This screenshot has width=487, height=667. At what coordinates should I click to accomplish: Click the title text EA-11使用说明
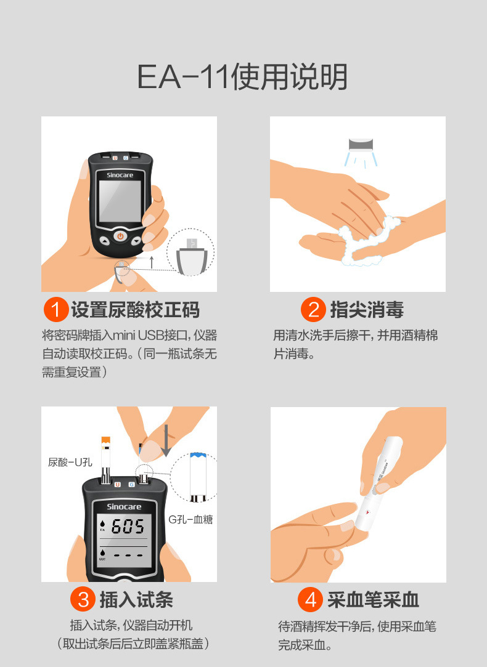(242, 77)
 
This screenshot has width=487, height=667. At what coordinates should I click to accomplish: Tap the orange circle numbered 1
(55, 309)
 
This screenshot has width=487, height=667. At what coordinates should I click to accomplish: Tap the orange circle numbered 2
(313, 309)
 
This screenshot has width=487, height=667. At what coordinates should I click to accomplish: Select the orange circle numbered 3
(83, 599)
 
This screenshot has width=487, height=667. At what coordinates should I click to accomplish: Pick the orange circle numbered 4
(310, 600)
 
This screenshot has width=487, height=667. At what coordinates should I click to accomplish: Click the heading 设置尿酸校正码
(136, 310)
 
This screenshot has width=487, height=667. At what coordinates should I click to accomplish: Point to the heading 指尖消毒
(367, 310)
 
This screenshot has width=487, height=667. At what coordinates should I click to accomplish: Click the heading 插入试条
(136, 600)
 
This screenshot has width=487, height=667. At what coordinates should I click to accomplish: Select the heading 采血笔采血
(374, 600)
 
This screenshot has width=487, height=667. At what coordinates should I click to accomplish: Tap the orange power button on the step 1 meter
(120, 236)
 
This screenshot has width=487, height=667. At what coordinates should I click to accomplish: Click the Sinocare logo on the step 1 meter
(120, 176)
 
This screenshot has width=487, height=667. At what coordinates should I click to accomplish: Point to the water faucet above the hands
(361, 145)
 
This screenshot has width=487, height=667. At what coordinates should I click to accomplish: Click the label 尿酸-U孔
(70, 462)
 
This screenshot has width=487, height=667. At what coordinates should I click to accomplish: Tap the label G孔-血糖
(190, 519)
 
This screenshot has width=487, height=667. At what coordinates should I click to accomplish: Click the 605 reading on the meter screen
(128, 527)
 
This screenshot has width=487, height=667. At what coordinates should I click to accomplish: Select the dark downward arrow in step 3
(166, 441)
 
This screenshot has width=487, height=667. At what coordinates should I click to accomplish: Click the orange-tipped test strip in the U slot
(105, 460)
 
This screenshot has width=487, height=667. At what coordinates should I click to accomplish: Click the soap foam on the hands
(367, 240)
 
